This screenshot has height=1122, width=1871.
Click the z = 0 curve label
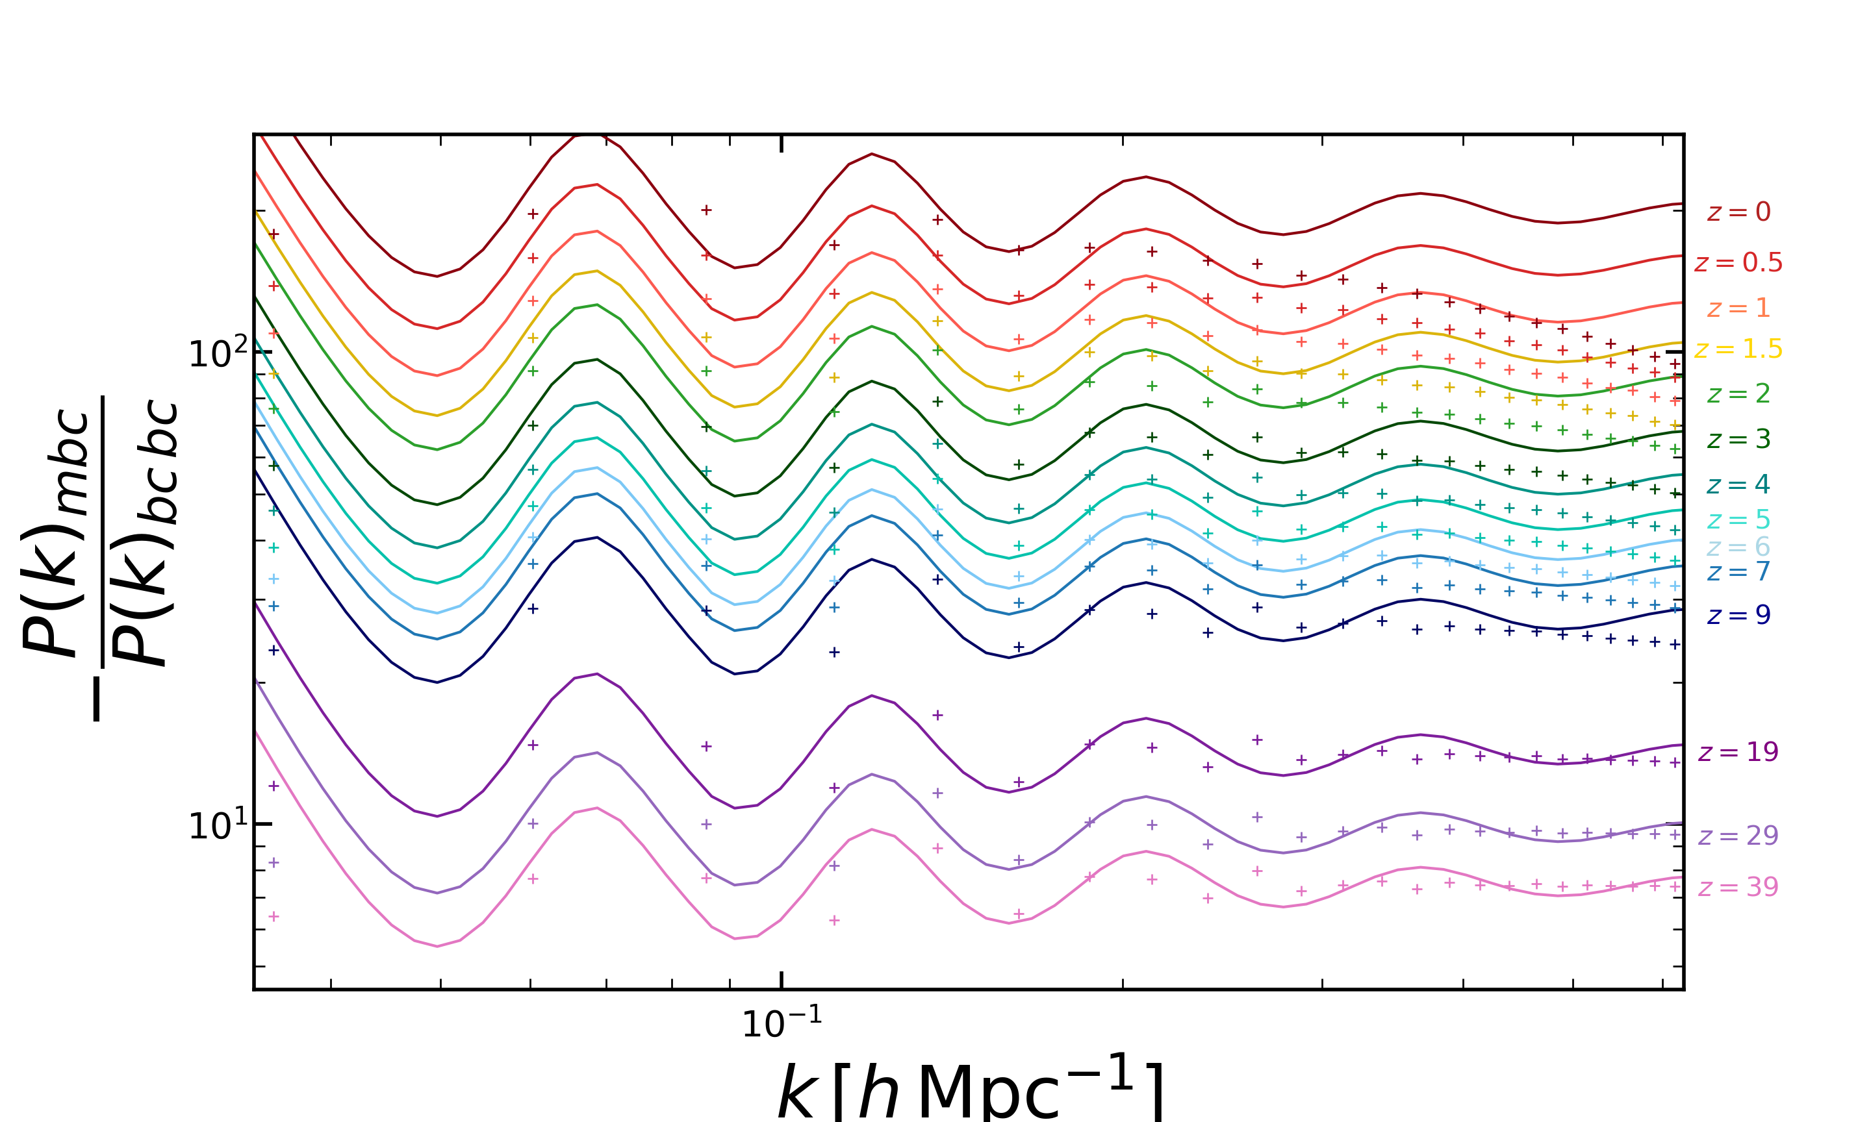pyautogui.click(x=1738, y=212)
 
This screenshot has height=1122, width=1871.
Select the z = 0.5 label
pyautogui.click(x=1738, y=262)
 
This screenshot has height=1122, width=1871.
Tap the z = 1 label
pyautogui.click(x=1738, y=308)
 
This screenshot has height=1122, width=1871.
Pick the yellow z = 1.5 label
pyautogui.click(x=1738, y=349)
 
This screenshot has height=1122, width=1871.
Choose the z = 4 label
pyautogui.click(x=1738, y=484)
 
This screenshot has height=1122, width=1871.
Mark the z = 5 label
pyautogui.click(x=1738, y=519)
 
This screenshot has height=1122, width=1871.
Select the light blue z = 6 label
pyautogui.click(x=1738, y=547)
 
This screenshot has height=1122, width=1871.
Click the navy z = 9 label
pyautogui.click(x=1738, y=615)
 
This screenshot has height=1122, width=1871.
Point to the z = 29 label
pyautogui.click(x=1738, y=836)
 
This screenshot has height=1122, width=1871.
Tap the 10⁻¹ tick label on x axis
pyautogui.click(x=782, y=1022)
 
